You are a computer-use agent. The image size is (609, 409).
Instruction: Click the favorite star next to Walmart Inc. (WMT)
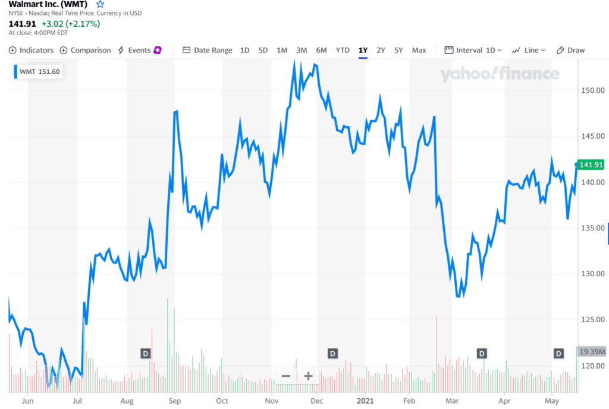[x=100, y=4]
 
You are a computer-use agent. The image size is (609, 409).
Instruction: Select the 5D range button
[x=263, y=50]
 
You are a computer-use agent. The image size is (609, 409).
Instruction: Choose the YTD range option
[x=343, y=50]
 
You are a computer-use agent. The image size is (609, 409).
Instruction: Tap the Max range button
[x=419, y=50]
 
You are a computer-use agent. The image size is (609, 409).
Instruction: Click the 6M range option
[x=321, y=50]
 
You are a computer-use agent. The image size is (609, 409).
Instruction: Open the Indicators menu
[x=31, y=50]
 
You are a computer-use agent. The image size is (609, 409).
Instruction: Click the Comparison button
[x=85, y=50]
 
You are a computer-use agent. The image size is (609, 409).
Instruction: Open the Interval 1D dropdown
[x=474, y=50]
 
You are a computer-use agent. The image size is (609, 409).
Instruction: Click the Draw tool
[x=570, y=50]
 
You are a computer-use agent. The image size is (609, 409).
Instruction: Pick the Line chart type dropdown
[x=528, y=50]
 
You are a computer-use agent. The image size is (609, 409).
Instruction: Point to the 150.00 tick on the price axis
[x=593, y=90]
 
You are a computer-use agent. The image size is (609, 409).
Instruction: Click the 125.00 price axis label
[x=593, y=320]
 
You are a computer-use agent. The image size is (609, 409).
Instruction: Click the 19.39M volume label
[x=592, y=352]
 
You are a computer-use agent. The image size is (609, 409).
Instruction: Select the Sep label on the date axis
[x=174, y=401]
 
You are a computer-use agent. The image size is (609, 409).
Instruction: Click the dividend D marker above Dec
[x=332, y=354]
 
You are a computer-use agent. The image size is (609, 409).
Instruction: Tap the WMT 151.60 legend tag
[x=39, y=72]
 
